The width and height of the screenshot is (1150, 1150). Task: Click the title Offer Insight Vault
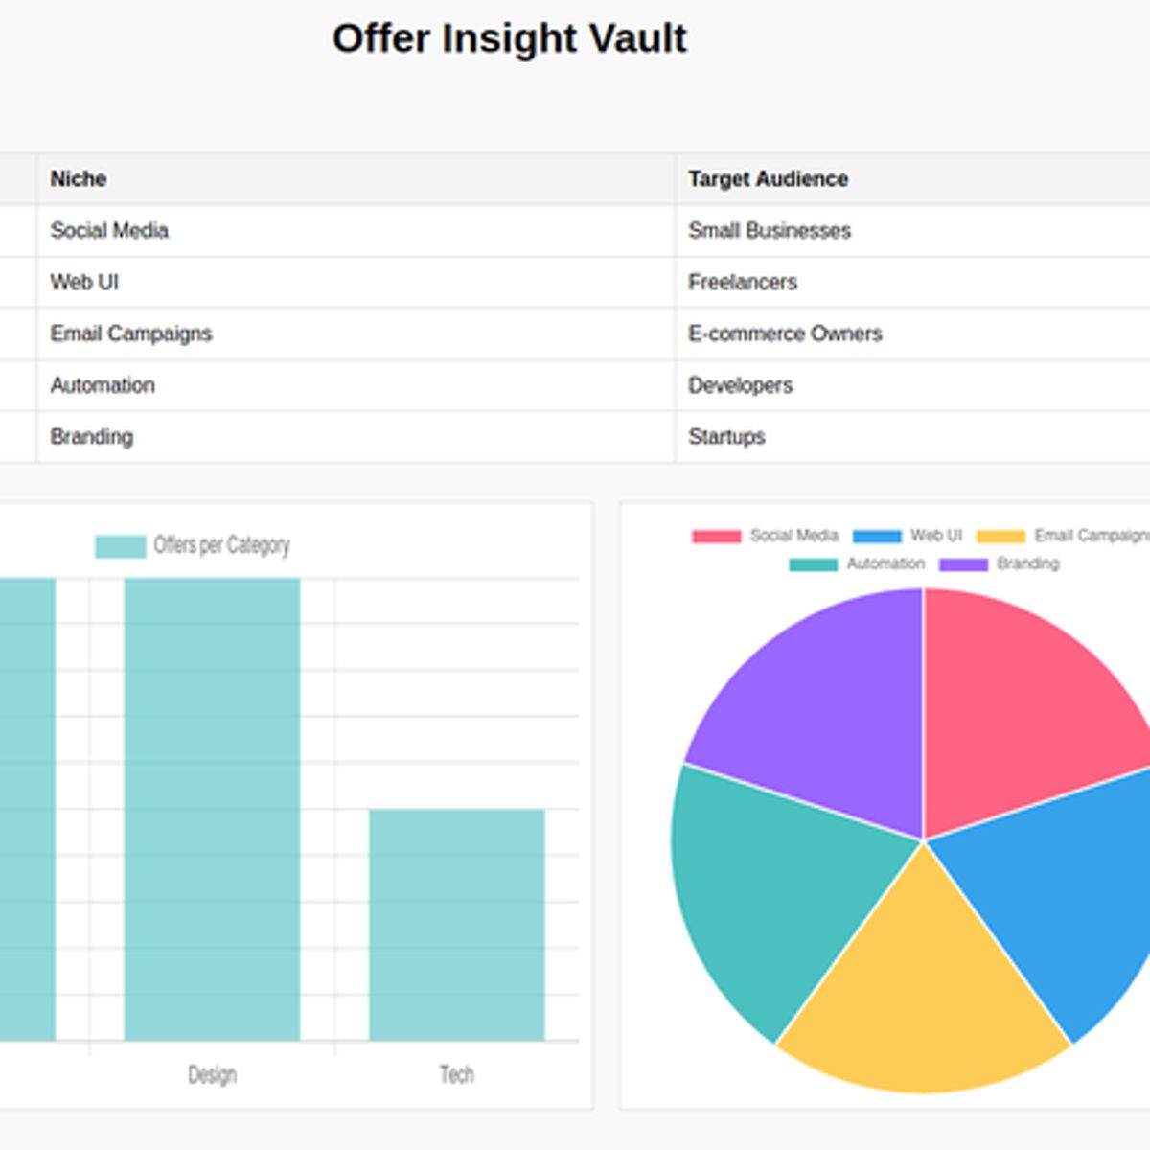[509, 39]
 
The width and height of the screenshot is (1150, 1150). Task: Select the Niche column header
[79, 179]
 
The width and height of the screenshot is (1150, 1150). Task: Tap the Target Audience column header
[768, 179]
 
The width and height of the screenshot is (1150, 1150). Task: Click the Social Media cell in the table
[109, 231]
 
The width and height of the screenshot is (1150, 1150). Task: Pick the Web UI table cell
[84, 283]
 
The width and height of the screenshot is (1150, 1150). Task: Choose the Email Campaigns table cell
[131, 333]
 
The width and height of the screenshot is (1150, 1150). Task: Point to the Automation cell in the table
[103, 385]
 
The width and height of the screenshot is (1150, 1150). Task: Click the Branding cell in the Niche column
[92, 437]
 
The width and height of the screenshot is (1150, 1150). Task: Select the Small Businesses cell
[770, 231]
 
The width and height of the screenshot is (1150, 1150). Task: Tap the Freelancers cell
[743, 283]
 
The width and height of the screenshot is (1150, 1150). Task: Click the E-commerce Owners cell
[785, 333]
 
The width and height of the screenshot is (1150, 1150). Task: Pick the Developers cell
[740, 385]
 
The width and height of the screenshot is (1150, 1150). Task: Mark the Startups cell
[726, 437]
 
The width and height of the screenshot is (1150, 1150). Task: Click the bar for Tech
[457, 925]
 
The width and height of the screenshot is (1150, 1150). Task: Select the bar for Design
[212, 810]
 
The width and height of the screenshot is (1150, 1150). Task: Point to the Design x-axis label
[212, 1074]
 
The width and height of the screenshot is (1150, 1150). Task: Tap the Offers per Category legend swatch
[120, 546]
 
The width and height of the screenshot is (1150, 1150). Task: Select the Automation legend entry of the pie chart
[858, 563]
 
